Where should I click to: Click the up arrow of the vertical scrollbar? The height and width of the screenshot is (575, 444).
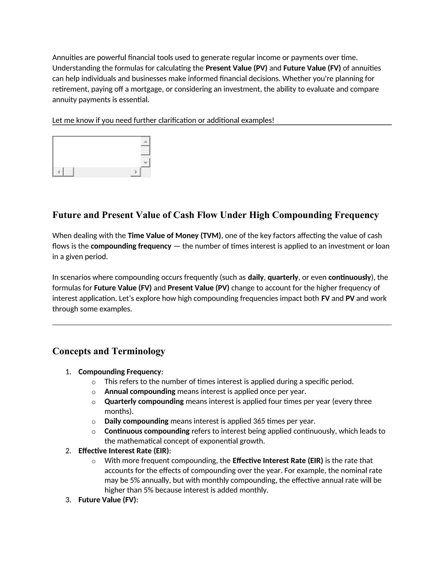coord(145,142)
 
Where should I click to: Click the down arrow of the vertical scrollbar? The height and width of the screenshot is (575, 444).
coord(145,163)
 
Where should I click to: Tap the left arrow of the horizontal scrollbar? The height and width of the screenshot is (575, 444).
coord(58,172)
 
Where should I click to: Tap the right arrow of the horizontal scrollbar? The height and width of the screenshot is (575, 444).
coord(136,172)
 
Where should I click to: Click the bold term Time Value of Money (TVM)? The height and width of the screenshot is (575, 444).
coord(174,235)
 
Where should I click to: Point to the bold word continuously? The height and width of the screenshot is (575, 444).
coord(349,277)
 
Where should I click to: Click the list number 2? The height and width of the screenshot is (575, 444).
coord(68,451)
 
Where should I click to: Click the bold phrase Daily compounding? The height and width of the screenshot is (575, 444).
coord(136,421)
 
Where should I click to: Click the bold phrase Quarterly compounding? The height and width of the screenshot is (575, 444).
coord(144,401)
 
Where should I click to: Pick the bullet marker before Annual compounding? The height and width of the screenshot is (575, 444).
coord(94,392)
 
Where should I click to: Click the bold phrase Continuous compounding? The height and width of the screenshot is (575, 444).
coord(147,431)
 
